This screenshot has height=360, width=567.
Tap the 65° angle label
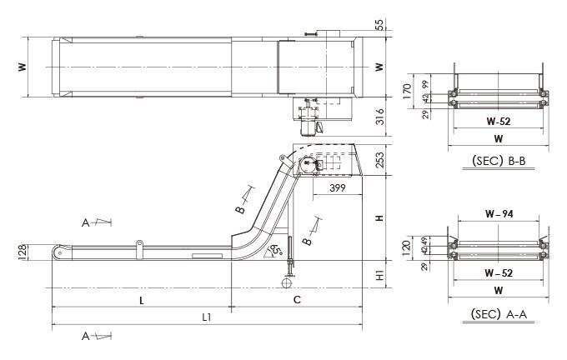[x=275, y=250]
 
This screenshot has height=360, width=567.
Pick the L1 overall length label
[x=207, y=317]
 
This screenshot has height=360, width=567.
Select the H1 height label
[x=380, y=276]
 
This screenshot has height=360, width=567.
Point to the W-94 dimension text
[x=498, y=215]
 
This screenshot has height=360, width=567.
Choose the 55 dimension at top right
[x=380, y=25]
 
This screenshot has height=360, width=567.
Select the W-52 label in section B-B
[x=498, y=120]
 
